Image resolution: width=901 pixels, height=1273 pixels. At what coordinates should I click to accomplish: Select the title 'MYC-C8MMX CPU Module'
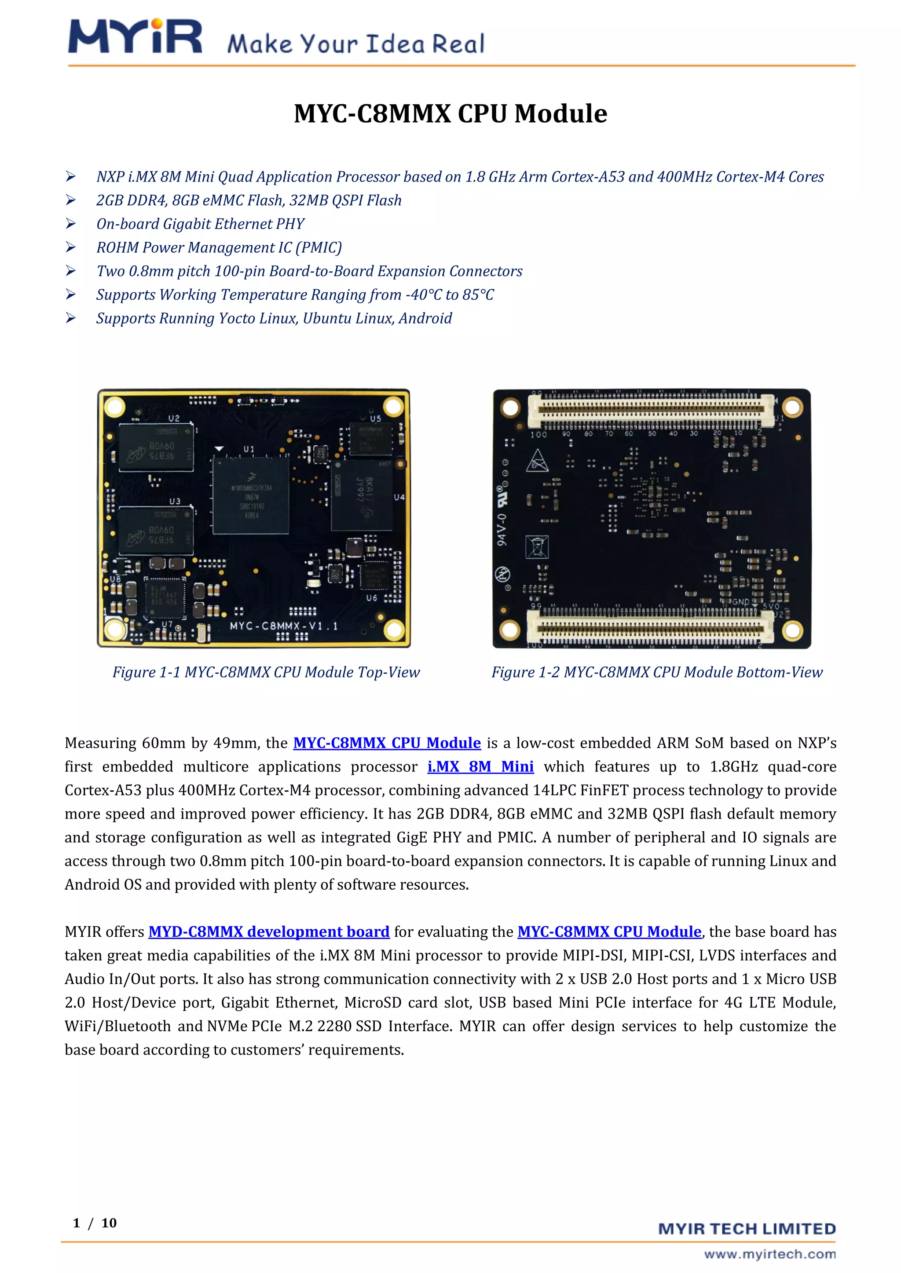450,114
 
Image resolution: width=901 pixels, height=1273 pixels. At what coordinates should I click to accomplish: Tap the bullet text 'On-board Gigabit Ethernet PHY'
200,224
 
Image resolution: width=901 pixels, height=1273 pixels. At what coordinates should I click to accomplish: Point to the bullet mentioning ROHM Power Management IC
219,247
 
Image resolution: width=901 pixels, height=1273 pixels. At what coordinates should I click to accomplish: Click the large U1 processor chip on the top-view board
251,496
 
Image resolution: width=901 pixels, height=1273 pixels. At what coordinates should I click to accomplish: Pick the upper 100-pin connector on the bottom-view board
650,410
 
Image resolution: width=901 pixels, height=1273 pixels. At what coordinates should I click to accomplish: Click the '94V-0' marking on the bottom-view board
501,530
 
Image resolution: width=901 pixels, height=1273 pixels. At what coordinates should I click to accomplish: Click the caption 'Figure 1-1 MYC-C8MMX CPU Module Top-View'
266,672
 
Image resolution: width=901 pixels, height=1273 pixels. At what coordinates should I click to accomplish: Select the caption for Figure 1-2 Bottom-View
656,672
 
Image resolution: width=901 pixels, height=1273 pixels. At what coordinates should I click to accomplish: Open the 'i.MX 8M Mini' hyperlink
480,767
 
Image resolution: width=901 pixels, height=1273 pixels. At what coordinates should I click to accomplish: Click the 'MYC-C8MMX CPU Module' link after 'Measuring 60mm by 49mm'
387,743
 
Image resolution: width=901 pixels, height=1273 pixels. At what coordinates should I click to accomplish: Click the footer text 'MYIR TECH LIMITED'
747,1229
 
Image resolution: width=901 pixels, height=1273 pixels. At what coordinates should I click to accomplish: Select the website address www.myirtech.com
769,1254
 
